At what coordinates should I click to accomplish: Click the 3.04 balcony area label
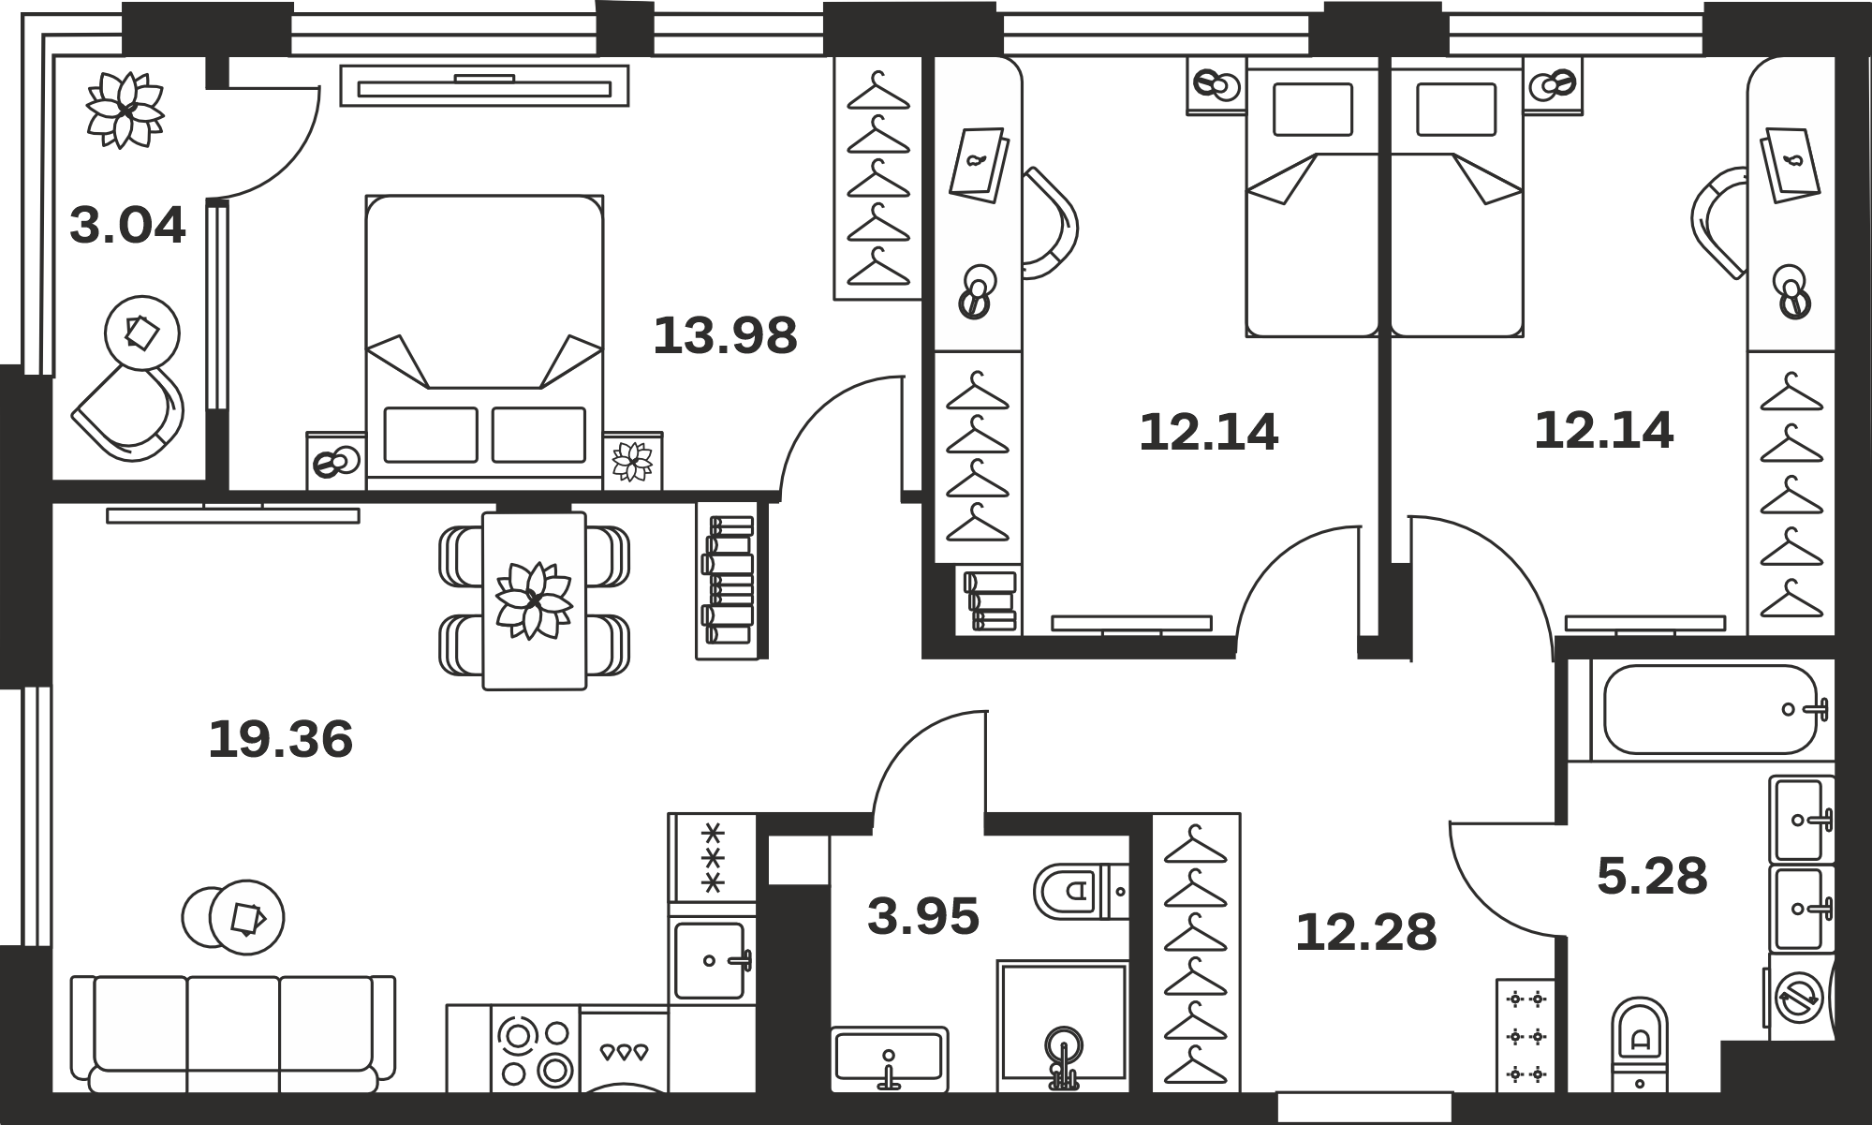[x=127, y=226]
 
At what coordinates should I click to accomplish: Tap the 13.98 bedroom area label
[x=725, y=335]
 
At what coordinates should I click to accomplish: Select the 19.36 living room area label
[x=280, y=739]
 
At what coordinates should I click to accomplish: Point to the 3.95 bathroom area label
[x=923, y=916]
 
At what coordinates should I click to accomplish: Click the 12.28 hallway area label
[x=1365, y=933]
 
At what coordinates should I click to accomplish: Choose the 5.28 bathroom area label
[x=1652, y=877]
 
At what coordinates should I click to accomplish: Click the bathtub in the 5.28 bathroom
[x=1711, y=709]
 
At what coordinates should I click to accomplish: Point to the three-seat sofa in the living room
[x=233, y=1034]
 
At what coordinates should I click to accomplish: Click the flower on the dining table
[x=534, y=600]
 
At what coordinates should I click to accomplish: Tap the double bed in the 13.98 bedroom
[x=484, y=342]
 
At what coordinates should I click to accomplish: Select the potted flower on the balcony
[x=125, y=110]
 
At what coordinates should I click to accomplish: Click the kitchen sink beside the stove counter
[x=713, y=960]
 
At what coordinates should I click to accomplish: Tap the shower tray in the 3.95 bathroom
[x=1062, y=1026]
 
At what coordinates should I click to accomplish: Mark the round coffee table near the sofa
[x=233, y=917]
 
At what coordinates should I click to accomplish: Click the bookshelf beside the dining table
[x=727, y=581]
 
